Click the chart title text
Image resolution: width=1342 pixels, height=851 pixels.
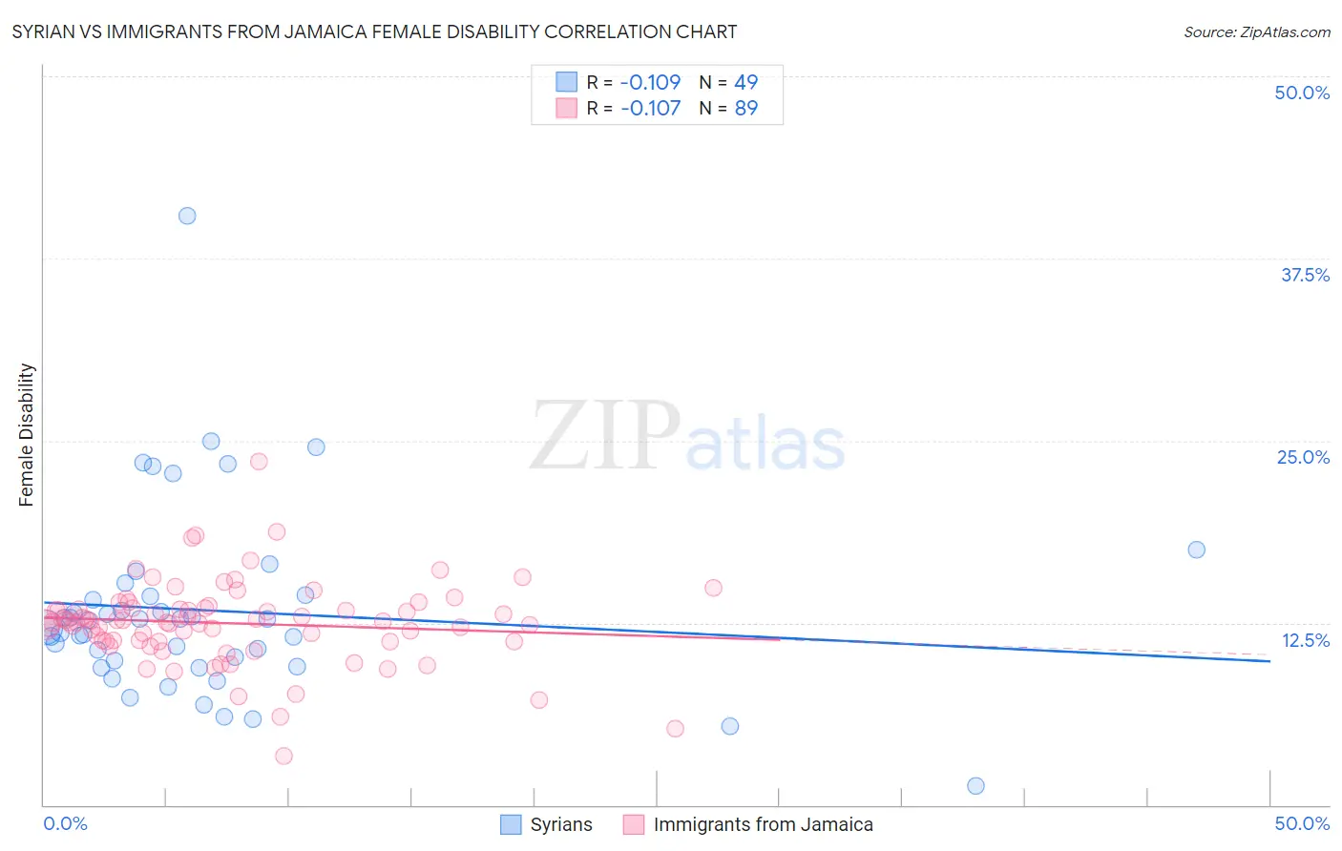pos(374,32)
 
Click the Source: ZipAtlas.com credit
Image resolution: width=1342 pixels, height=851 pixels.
pos(1256,32)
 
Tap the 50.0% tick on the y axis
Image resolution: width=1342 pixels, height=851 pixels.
pos(1302,93)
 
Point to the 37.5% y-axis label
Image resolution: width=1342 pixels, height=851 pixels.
pos(1305,275)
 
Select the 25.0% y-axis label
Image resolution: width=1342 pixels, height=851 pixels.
pos(1303,457)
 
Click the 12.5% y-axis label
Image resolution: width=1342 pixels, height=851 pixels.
pos(1305,640)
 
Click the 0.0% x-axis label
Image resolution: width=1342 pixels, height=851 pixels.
pos(66,823)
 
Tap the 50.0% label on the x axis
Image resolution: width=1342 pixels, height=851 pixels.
pos(1302,823)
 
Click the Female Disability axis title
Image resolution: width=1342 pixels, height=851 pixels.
pos(27,435)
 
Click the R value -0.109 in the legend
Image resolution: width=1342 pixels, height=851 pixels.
pos(650,82)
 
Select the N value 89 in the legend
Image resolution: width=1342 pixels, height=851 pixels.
pos(745,108)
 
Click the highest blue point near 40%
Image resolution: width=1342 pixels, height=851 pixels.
pos(187,216)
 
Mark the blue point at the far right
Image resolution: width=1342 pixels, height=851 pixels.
pos(1196,550)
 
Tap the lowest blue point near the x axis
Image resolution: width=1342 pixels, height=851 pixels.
pos(975,786)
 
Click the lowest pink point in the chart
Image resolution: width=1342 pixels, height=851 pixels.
pos(283,756)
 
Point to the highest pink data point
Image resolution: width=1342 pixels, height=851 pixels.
pos(259,461)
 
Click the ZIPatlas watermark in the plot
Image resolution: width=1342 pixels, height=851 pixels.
pos(687,437)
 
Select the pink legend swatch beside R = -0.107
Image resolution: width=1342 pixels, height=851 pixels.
pos(566,108)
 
